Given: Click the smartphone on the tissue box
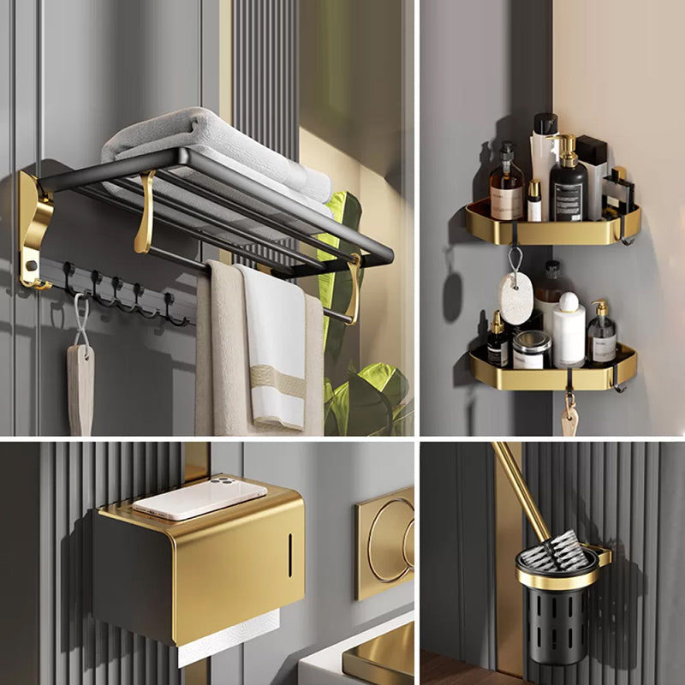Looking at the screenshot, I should click(x=200, y=497).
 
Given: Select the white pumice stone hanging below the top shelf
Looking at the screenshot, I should click(x=515, y=299).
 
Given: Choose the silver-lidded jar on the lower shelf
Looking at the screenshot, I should click(x=532, y=349).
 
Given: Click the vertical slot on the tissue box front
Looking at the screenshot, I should click(x=289, y=555).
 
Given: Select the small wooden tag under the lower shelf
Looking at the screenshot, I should click(x=569, y=420).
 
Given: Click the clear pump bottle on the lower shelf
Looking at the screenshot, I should click(x=602, y=336).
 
